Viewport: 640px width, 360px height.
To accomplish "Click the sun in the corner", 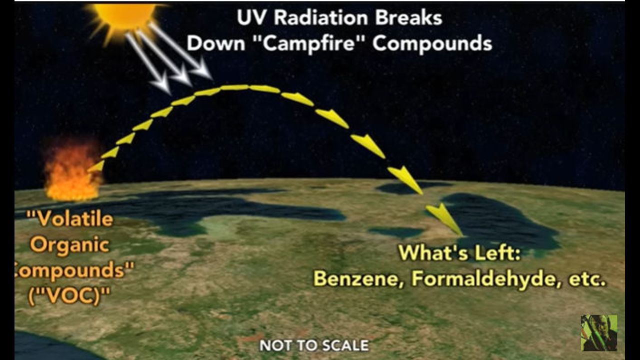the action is tap(124, 15).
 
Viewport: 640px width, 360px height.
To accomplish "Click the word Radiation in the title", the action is tap(321, 17).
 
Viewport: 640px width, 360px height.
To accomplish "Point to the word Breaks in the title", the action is tap(409, 17).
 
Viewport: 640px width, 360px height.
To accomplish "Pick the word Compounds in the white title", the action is tap(432, 44).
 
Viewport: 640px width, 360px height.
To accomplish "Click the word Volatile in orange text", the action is tap(70, 219).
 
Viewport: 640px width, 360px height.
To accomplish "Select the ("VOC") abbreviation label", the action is tap(68, 296).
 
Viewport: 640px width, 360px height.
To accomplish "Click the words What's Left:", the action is tap(460, 253).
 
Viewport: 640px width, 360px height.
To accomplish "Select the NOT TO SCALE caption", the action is tap(314, 345).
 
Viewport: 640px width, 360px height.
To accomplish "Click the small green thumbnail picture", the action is tap(599, 333).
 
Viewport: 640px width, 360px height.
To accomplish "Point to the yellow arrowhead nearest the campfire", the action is tap(96, 166).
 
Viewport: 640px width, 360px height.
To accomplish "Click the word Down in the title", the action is tap(216, 43).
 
